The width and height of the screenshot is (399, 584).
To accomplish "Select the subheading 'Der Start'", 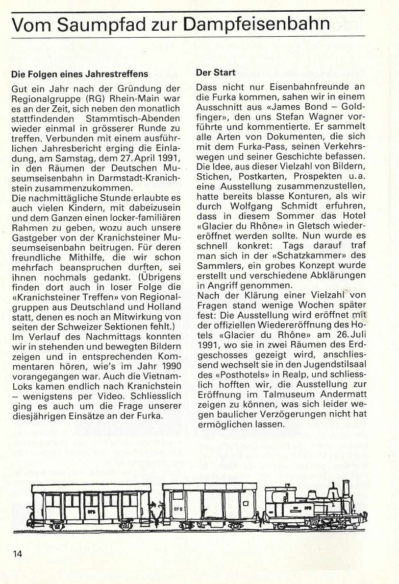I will click(216, 73).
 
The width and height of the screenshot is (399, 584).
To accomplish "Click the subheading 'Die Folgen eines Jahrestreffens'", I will click(79, 74).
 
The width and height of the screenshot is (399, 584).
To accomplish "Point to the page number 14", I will click(17, 554).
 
